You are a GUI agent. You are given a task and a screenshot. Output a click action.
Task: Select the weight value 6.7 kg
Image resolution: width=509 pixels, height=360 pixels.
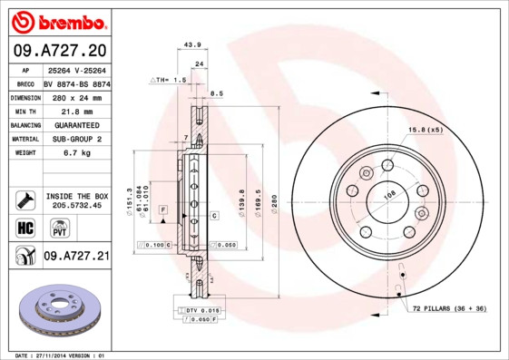point(75,153)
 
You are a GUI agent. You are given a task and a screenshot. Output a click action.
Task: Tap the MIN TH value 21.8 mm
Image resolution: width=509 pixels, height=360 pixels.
point(75,110)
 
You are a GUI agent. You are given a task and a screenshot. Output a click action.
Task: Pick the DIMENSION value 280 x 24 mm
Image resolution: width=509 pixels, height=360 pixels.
point(75,95)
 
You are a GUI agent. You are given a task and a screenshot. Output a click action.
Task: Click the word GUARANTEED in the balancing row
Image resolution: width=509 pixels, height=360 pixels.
point(75,124)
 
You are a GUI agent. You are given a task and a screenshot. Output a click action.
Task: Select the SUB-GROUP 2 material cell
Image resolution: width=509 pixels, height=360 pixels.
point(75,139)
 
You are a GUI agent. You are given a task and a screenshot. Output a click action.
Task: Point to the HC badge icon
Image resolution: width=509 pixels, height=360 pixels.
point(24,227)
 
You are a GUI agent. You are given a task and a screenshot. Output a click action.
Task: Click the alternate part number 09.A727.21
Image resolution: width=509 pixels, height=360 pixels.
point(75,257)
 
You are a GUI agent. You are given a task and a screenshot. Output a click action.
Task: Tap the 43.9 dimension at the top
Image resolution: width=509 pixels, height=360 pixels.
point(191,44)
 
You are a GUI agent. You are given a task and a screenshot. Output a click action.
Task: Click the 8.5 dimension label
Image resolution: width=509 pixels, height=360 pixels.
point(217,93)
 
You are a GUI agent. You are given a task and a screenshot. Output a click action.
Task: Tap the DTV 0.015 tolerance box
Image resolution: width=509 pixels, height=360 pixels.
point(203,311)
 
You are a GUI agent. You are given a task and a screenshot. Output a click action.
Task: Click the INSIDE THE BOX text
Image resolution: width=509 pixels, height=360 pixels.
point(76,196)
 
